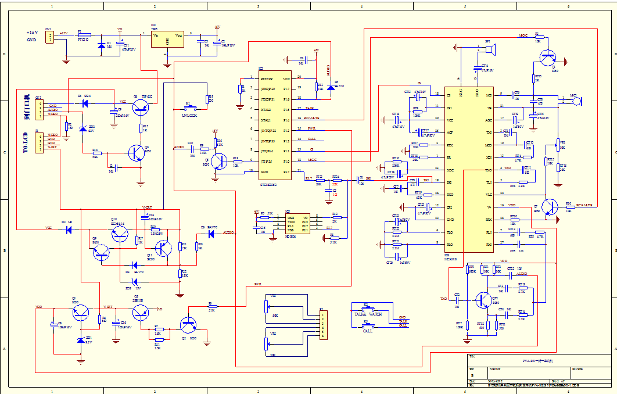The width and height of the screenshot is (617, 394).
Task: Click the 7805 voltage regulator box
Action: tap(167, 40)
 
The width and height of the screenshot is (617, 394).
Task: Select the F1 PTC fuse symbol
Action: tap(82, 35)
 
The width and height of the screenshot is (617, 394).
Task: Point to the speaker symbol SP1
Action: tap(490, 51)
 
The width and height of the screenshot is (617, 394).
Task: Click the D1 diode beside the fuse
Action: tap(102, 44)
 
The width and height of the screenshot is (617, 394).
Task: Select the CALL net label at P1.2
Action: tap(311, 139)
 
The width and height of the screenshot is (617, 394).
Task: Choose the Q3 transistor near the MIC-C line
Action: tap(547, 58)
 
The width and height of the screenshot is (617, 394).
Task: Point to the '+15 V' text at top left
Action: tap(33, 33)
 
